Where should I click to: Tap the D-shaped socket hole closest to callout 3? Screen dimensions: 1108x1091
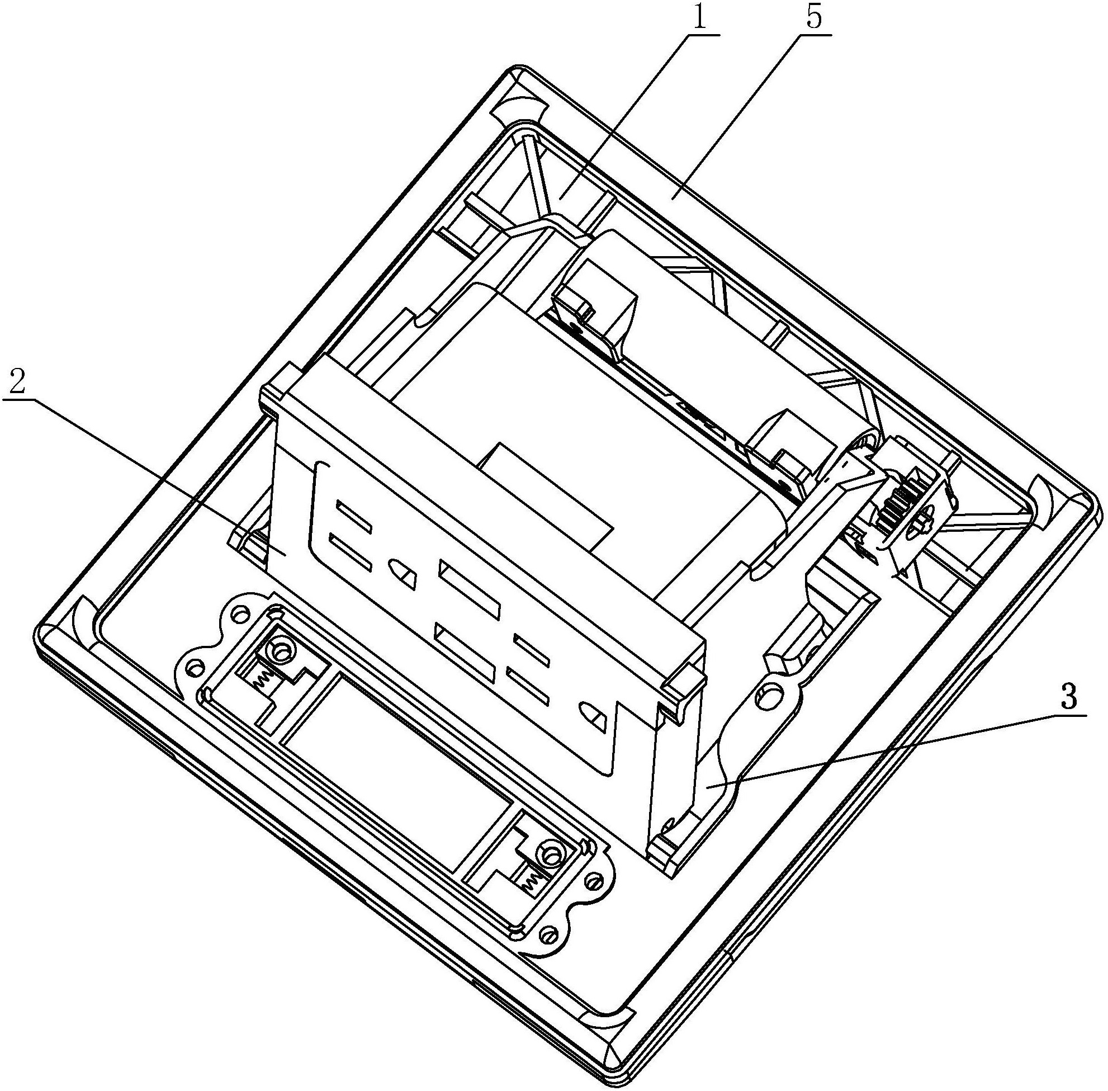pyautogui.click(x=593, y=717)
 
